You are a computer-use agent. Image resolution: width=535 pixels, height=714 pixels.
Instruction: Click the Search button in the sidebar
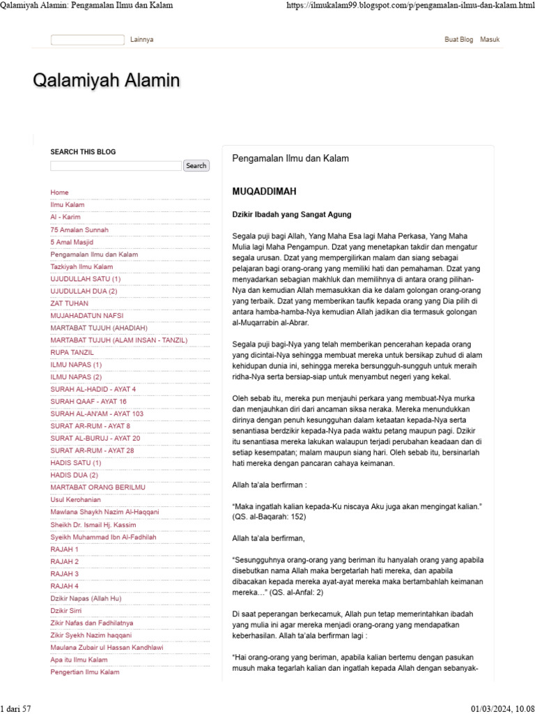point(196,166)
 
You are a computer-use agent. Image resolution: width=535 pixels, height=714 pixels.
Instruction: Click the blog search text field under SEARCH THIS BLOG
point(116,166)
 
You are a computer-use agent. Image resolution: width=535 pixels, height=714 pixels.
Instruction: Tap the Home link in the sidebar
point(60,192)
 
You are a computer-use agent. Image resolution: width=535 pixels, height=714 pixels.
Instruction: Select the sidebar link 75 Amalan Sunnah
point(79,229)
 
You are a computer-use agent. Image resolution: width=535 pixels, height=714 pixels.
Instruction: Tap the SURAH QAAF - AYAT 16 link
point(88,402)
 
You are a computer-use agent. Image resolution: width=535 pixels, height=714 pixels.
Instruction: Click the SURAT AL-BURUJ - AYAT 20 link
point(95,438)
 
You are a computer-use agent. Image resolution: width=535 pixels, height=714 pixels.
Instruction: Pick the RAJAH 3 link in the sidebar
point(65,574)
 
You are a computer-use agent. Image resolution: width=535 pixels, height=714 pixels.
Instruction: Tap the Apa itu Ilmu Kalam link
point(79,660)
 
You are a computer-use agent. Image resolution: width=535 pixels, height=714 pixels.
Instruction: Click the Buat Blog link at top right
point(458,40)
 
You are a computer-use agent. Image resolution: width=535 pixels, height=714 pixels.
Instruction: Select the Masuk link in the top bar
point(490,40)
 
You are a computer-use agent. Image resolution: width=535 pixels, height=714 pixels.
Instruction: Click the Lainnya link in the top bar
point(141,40)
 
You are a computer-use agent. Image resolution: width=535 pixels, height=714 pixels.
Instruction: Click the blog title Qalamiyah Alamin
point(107,81)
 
